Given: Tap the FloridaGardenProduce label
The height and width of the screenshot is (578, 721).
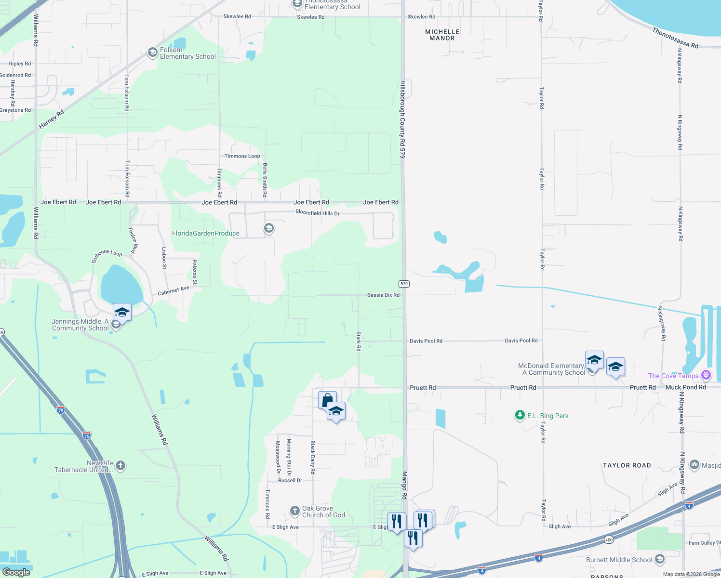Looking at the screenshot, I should (x=206, y=234).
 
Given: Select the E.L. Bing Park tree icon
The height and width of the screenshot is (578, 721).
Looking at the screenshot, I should (x=520, y=415).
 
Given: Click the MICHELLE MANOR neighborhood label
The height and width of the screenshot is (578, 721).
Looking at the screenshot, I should (x=442, y=35).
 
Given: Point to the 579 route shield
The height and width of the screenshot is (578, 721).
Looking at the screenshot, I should (x=404, y=284).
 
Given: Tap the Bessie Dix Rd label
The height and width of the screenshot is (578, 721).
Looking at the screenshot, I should (x=383, y=295).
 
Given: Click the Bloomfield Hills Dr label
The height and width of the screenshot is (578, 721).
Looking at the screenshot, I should (x=317, y=213).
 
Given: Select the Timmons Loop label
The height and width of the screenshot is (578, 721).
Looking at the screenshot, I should (x=242, y=156).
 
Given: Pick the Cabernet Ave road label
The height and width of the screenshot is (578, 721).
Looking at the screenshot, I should (x=174, y=291).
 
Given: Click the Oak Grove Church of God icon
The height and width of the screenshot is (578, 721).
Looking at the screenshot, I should (x=295, y=511).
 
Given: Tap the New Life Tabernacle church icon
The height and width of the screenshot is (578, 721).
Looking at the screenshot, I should (x=120, y=465).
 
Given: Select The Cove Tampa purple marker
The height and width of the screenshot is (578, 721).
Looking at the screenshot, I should (x=706, y=375).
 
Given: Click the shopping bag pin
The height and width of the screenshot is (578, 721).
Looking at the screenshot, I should (x=327, y=400).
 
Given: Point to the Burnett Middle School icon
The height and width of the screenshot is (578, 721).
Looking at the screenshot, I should (x=660, y=559).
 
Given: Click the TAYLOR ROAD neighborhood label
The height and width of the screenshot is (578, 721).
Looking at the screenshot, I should (x=627, y=465).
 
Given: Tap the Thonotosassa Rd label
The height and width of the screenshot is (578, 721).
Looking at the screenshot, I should (x=675, y=38).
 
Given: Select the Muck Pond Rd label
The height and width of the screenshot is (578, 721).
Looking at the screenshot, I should (x=685, y=387).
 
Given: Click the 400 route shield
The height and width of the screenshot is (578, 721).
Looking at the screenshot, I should (x=609, y=539).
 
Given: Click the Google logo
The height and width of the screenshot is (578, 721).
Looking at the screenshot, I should (x=16, y=572).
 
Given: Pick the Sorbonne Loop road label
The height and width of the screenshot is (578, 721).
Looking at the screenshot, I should (x=107, y=256).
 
